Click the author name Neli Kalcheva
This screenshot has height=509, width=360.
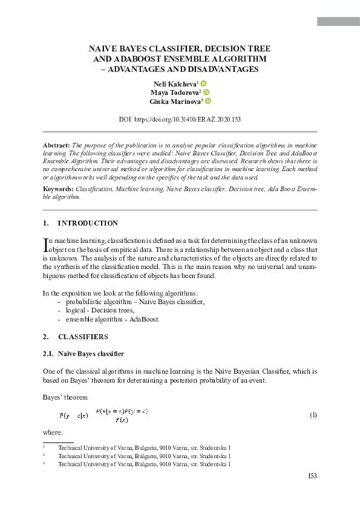[x=175, y=84]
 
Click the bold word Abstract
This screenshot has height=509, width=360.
[x=56, y=144]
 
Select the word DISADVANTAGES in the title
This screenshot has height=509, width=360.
[x=220, y=68]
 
